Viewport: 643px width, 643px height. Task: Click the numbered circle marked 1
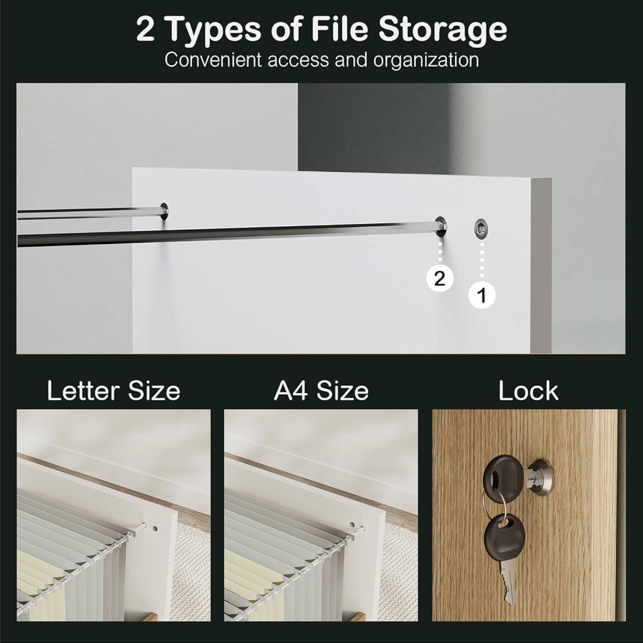(482, 295)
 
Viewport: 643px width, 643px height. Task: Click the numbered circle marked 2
(440, 279)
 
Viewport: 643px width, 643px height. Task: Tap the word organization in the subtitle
(426, 60)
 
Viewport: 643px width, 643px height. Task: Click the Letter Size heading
(114, 391)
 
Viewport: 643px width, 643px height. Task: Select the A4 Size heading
(321, 391)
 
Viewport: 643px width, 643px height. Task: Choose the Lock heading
(528, 391)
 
